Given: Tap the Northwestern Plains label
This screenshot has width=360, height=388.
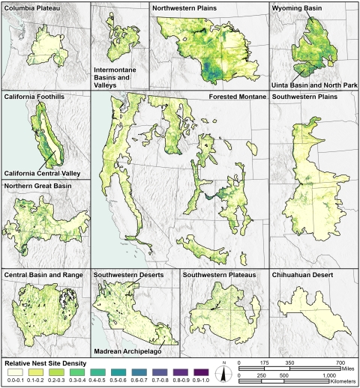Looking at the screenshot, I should click(187, 8).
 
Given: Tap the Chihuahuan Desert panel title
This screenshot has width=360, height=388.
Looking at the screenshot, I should click(304, 275).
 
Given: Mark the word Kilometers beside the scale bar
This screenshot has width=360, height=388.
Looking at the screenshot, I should click(339, 381).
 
